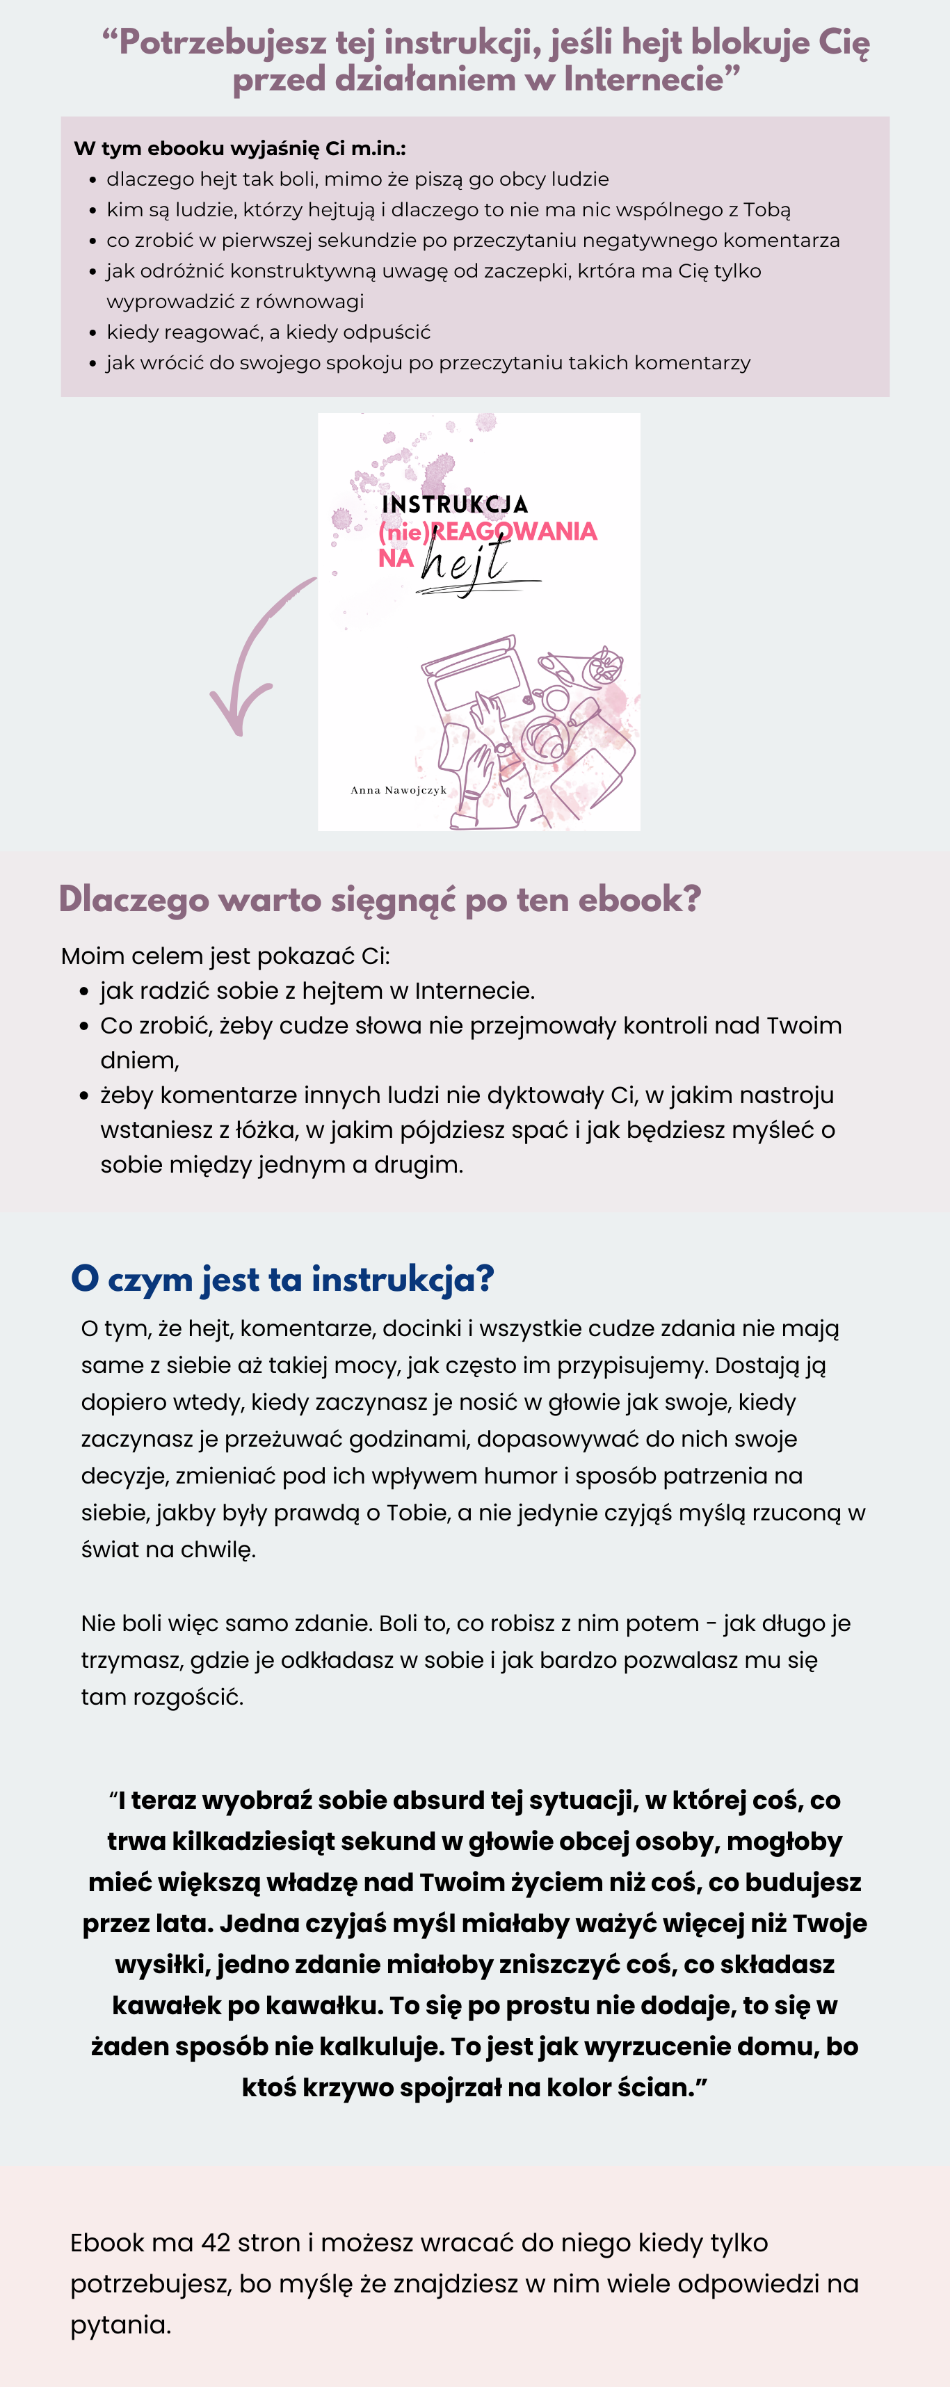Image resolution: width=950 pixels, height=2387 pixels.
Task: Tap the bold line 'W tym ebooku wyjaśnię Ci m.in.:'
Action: tap(239, 148)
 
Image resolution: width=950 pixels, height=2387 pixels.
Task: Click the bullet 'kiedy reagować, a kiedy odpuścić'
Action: tap(268, 332)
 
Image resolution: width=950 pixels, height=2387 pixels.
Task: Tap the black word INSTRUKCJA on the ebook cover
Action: tap(454, 504)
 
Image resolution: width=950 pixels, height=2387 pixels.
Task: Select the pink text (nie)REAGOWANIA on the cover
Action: tap(488, 531)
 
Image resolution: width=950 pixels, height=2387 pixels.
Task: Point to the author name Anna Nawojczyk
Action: tap(398, 790)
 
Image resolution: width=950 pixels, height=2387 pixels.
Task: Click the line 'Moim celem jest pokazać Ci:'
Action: tap(225, 956)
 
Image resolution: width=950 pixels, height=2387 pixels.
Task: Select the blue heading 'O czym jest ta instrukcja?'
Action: tap(282, 1279)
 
